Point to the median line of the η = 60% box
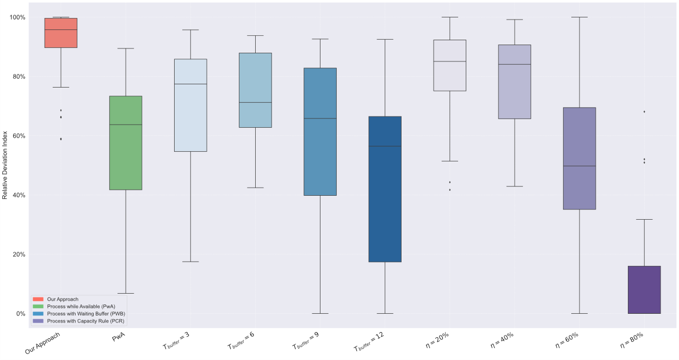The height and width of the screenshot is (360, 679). [579, 166]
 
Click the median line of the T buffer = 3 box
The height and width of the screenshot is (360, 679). [190, 84]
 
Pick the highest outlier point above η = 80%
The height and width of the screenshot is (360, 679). [644, 111]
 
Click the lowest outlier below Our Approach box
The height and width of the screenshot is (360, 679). [60, 139]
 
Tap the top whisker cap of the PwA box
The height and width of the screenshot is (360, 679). [126, 48]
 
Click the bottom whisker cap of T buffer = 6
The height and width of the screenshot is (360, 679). [255, 188]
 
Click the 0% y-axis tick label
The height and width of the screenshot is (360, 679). [21, 314]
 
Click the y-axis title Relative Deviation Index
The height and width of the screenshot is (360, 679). [5, 165]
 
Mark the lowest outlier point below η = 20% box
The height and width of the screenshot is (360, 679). [449, 190]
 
